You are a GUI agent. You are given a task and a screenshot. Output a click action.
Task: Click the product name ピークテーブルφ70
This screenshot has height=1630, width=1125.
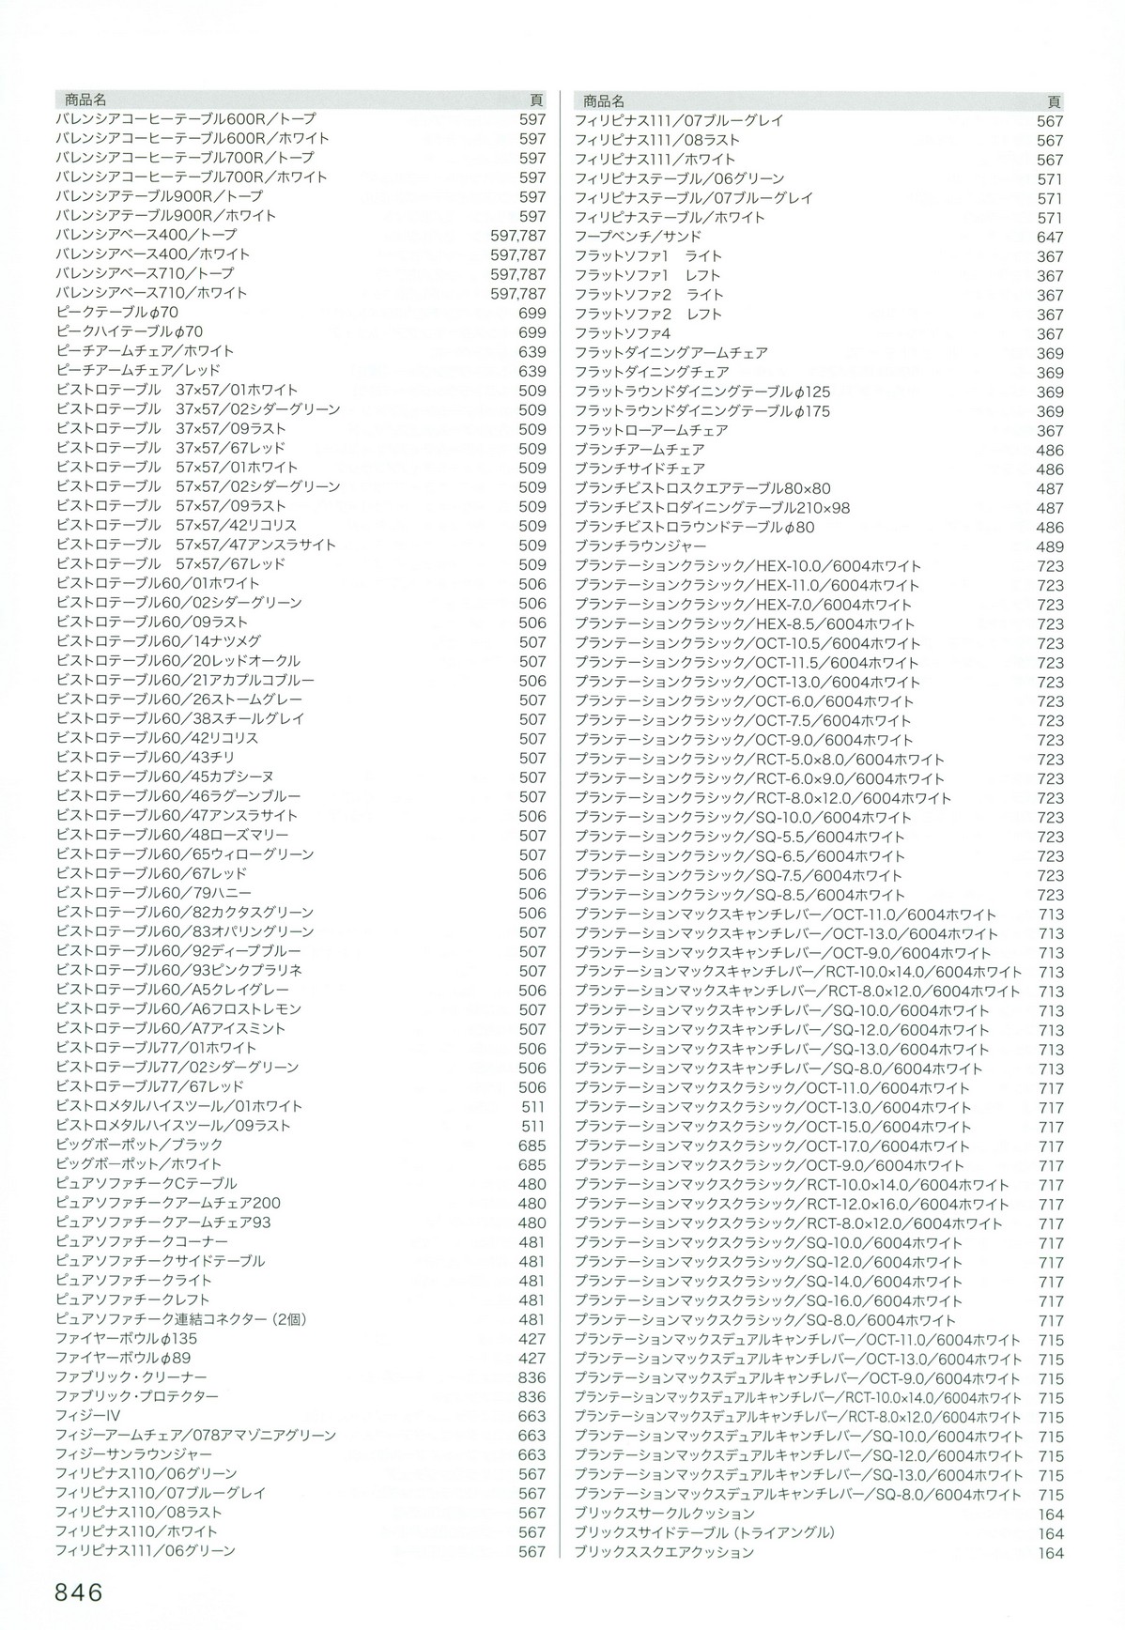pyautogui.click(x=117, y=313)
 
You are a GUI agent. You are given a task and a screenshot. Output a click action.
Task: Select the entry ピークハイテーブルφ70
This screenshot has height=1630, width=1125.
pyautogui.click(x=130, y=332)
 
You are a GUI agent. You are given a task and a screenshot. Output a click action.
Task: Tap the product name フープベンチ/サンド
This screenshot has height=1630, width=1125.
pyautogui.click(x=638, y=237)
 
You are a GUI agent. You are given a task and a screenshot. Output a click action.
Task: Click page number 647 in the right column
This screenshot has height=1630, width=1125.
pyautogui.click(x=1051, y=238)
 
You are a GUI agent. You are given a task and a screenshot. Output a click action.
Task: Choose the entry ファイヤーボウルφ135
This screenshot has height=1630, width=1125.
pyautogui.click(x=127, y=1338)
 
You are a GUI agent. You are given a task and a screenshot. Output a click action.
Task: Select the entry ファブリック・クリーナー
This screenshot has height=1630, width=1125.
pyautogui.click(x=131, y=1377)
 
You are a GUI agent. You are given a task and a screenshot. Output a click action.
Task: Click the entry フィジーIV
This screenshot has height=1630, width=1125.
pyautogui.click(x=88, y=1416)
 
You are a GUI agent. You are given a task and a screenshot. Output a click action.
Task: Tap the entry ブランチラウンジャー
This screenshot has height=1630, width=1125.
pyautogui.click(x=640, y=546)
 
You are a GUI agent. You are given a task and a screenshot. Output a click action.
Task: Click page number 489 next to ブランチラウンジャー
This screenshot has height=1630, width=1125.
pyautogui.click(x=1051, y=547)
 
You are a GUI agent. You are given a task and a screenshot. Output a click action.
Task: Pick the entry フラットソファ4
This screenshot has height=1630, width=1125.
pyautogui.click(x=623, y=333)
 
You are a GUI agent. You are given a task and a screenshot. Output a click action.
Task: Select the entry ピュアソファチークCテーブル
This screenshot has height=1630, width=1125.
pyautogui.click(x=146, y=1183)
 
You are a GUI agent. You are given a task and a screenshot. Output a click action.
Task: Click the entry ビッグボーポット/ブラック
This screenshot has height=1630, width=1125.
pyautogui.click(x=140, y=1145)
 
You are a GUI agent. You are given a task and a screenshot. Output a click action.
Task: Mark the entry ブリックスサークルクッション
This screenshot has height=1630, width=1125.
pyautogui.click(x=665, y=1514)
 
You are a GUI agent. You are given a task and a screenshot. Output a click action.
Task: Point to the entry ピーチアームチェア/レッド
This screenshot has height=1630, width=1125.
pyautogui.click(x=146, y=371)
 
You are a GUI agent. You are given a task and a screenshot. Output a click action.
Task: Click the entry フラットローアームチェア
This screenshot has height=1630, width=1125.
pyautogui.click(x=652, y=430)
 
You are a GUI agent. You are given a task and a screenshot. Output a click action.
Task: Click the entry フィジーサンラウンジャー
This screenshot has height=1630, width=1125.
pyautogui.click(x=134, y=1454)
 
